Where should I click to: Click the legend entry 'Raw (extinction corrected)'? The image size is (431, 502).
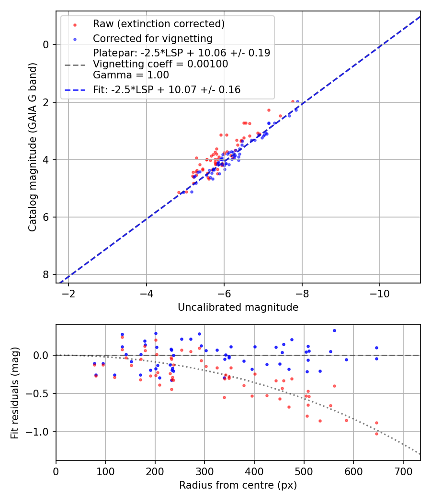point(159,24)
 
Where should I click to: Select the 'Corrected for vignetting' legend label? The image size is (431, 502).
point(152,39)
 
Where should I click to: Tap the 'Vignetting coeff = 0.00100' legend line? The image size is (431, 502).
point(160,64)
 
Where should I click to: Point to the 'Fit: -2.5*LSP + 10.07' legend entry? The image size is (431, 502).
point(167,90)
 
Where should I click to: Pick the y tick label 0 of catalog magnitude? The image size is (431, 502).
point(46,45)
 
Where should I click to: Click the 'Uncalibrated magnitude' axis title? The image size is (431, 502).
point(238,307)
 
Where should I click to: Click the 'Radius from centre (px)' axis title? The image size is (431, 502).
point(238,485)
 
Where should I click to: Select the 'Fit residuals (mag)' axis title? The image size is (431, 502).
point(15,393)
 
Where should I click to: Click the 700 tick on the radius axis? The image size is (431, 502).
point(403,471)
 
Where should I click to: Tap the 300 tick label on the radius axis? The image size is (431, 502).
point(204,471)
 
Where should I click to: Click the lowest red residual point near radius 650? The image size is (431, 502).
point(376,433)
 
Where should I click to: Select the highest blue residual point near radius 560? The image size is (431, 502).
point(334,330)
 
